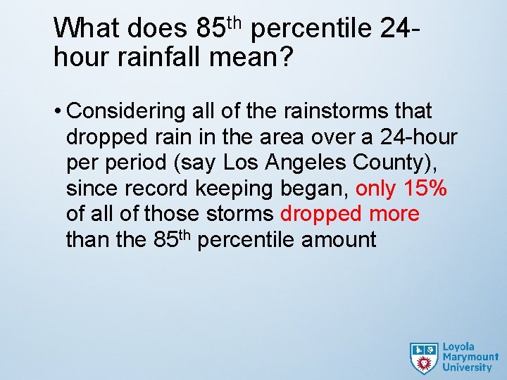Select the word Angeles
[x=305, y=163]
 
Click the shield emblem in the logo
[x=424, y=357]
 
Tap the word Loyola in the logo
[x=458, y=347]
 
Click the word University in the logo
[x=467, y=367]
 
